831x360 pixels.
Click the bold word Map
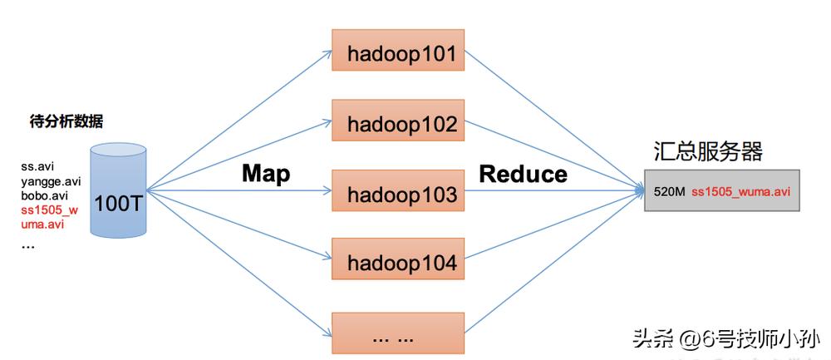[266, 173]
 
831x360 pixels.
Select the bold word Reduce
[523, 174]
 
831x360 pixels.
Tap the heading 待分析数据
[66, 121]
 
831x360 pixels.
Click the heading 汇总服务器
[707, 151]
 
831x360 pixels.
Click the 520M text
[669, 192]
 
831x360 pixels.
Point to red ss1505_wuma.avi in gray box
[740, 192]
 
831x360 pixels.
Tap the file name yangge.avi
[51, 180]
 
